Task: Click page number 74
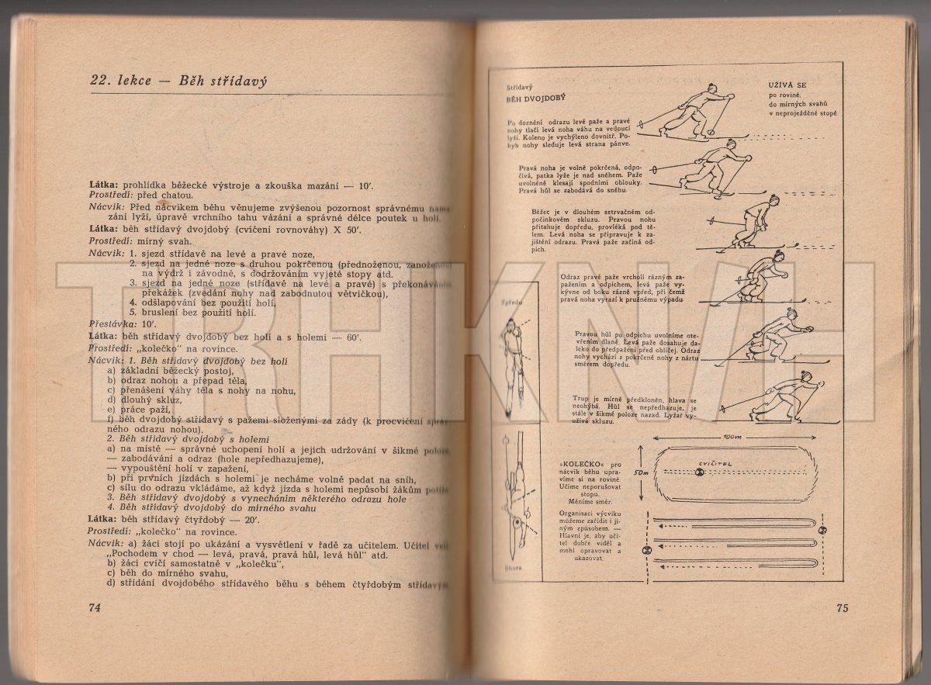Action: click(95, 607)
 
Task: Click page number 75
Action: click(844, 607)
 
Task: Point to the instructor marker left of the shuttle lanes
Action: click(645, 549)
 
